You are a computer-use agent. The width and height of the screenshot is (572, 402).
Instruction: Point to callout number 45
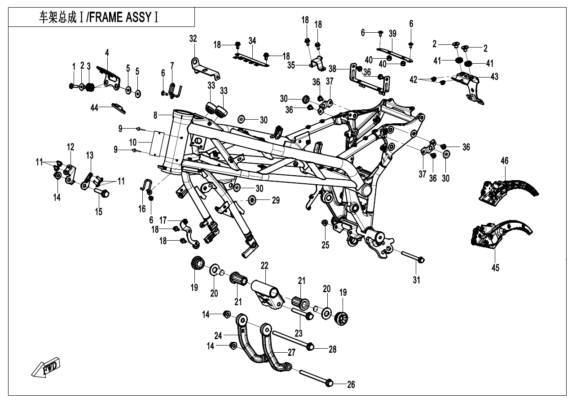(495, 268)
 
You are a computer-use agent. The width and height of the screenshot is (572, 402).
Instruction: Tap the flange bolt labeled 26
(314, 378)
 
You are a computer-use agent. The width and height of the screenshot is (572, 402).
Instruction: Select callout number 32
(193, 39)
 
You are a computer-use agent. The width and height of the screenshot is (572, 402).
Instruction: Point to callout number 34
(252, 41)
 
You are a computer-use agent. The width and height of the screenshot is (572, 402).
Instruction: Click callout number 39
(392, 34)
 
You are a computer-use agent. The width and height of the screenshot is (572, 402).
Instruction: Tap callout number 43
(494, 77)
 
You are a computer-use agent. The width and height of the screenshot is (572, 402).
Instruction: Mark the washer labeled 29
(251, 199)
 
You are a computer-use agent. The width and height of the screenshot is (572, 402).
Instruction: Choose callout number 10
(133, 142)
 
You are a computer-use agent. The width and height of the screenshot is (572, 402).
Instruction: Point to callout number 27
(291, 353)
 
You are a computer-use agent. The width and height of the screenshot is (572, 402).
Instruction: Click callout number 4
(107, 52)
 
